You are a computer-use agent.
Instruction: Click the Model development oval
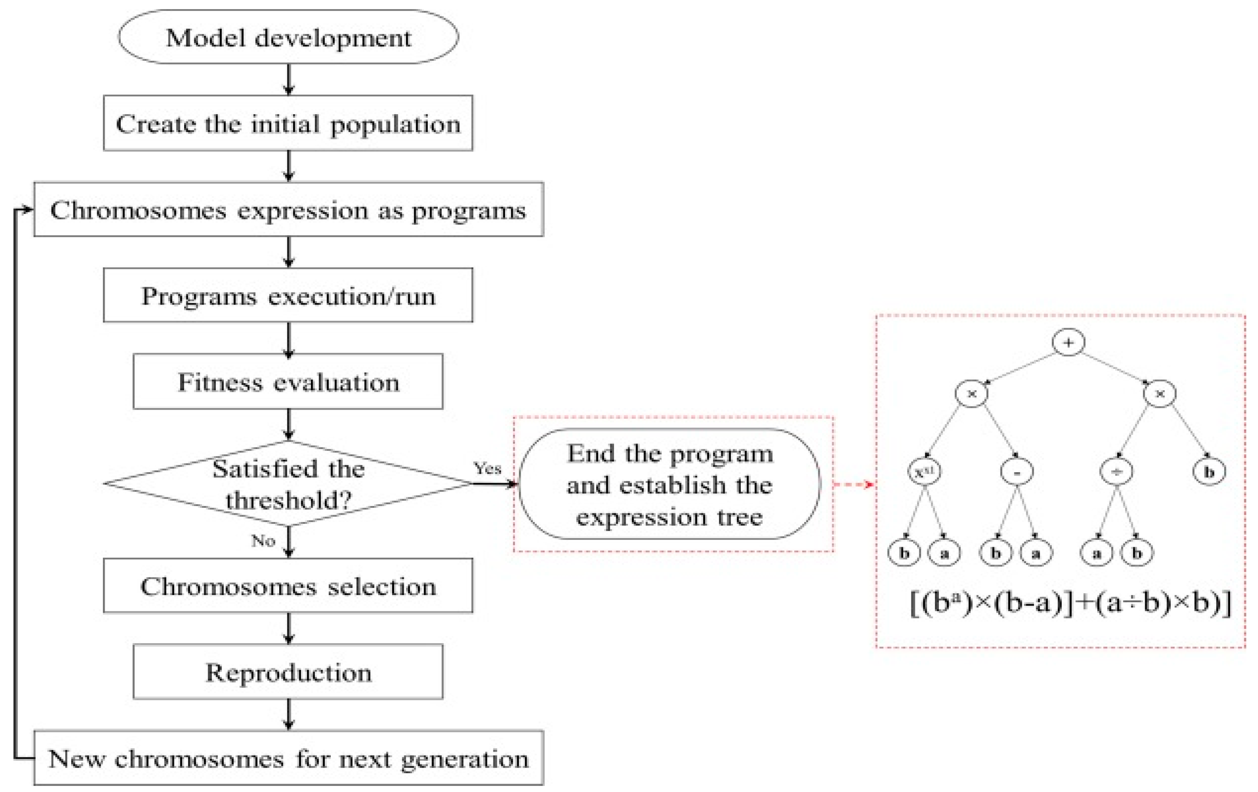288,37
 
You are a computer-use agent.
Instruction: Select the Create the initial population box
288,123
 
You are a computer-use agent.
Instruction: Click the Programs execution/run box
288,296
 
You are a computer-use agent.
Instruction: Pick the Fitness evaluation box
288,381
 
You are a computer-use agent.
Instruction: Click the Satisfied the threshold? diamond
288,483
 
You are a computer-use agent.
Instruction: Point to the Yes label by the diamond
487,468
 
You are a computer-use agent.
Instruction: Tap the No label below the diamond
263,540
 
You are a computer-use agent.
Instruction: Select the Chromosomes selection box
288,586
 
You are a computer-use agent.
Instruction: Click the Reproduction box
288,672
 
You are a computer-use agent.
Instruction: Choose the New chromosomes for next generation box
288,758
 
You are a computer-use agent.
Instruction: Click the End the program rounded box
669,484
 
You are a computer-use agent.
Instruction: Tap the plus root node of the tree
1068,342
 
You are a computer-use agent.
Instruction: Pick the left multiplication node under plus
971,393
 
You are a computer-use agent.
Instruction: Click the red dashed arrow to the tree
854,484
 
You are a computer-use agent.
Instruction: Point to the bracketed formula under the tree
1070,603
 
